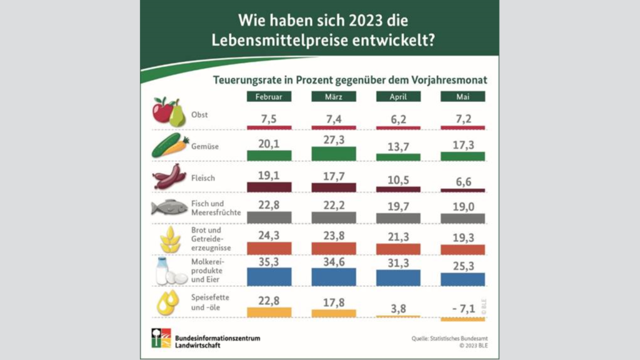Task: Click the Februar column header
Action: [269, 97]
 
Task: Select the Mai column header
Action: [462, 97]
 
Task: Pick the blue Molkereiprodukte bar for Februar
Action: [269, 277]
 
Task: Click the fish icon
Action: [169, 208]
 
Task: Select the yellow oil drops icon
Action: [167, 302]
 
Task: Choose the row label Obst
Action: [200, 115]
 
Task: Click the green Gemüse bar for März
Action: [333, 154]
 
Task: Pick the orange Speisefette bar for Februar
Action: [269, 312]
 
